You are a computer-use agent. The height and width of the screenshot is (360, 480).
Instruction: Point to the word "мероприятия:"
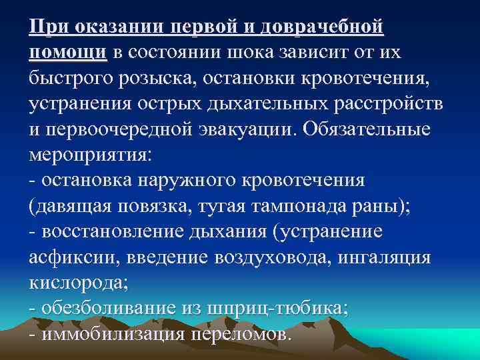(x=91, y=155)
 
